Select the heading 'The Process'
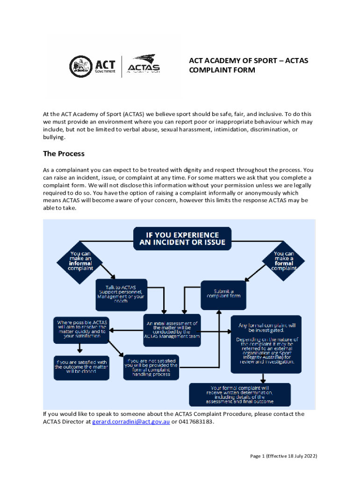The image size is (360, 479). (64, 153)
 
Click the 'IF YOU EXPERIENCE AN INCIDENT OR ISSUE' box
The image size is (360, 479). (182, 238)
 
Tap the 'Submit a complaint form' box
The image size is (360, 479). (223, 295)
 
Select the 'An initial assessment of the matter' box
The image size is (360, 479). (172, 330)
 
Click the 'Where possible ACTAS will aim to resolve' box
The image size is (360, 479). (82, 329)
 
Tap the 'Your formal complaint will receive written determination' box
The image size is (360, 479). (239, 395)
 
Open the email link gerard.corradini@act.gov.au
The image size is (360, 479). (130, 421)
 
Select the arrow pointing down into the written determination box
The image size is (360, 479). (263, 378)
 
